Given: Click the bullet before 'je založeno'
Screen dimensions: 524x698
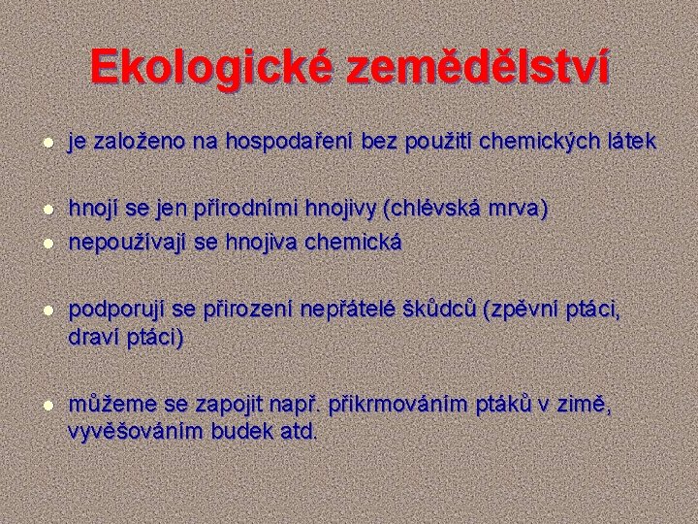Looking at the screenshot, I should (x=40, y=144).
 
